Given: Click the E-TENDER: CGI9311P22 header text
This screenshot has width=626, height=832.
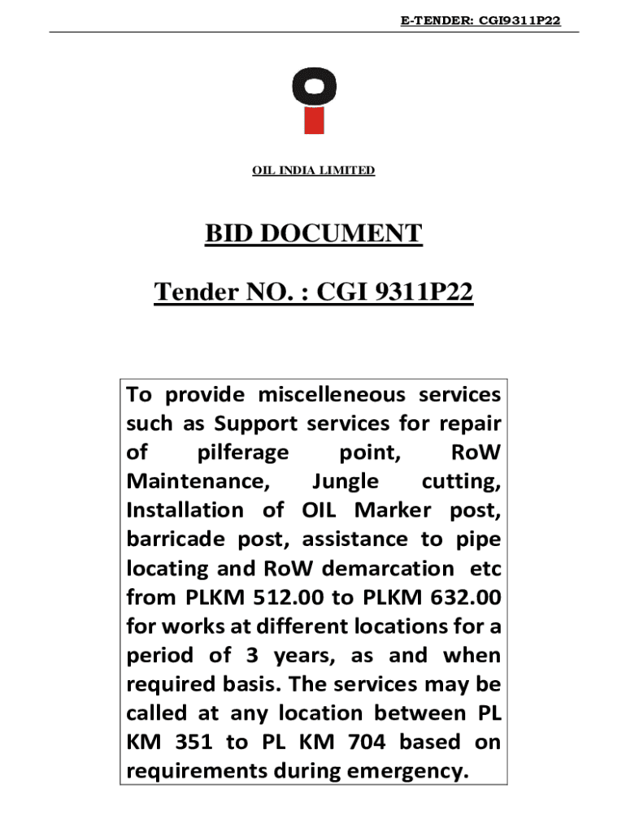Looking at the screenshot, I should pos(480,21).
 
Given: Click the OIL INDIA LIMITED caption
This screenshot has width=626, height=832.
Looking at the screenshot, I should pos(313,171).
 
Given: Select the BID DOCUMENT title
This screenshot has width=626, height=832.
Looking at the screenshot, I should pos(313,234).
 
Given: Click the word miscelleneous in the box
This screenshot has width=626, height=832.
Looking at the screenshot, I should pos(332,395).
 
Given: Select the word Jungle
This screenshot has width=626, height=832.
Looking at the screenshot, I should pos(345,481).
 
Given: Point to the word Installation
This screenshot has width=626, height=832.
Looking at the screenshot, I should pos(185,510).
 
